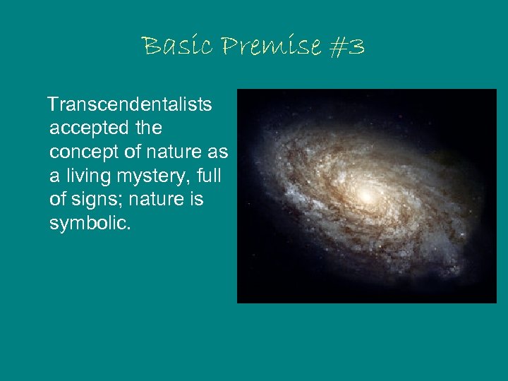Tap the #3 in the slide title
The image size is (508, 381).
346,47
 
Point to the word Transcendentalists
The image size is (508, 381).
130,105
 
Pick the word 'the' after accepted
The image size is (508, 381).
146,128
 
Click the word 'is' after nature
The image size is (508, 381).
195,200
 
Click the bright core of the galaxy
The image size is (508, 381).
365,193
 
